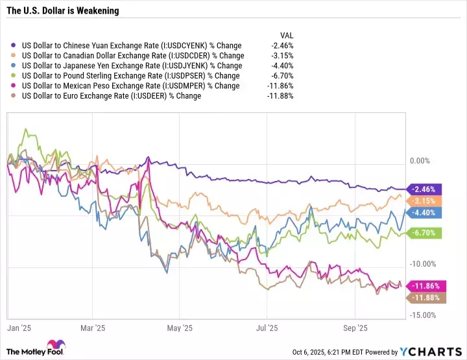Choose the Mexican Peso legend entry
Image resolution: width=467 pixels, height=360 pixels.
click(x=130, y=86)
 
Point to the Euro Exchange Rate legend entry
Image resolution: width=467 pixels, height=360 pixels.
click(x=111, y=95)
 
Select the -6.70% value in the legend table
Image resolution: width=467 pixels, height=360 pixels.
click(x=282, y=76)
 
